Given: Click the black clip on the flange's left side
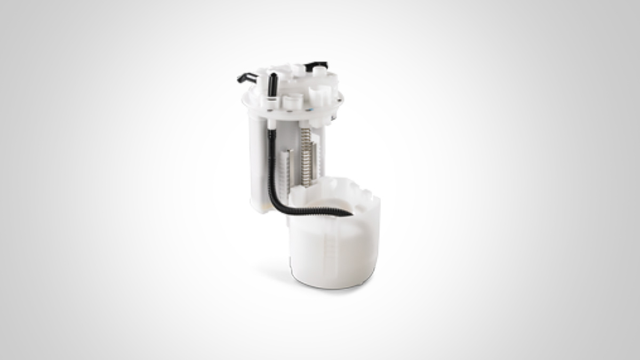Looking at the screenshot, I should coord(246,78).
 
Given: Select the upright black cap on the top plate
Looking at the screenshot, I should coord(273,84).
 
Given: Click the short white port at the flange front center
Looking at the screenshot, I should coord(292,101).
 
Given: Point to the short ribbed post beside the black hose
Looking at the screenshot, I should coord(285,168).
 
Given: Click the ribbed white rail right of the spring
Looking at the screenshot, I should coord(319,155).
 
